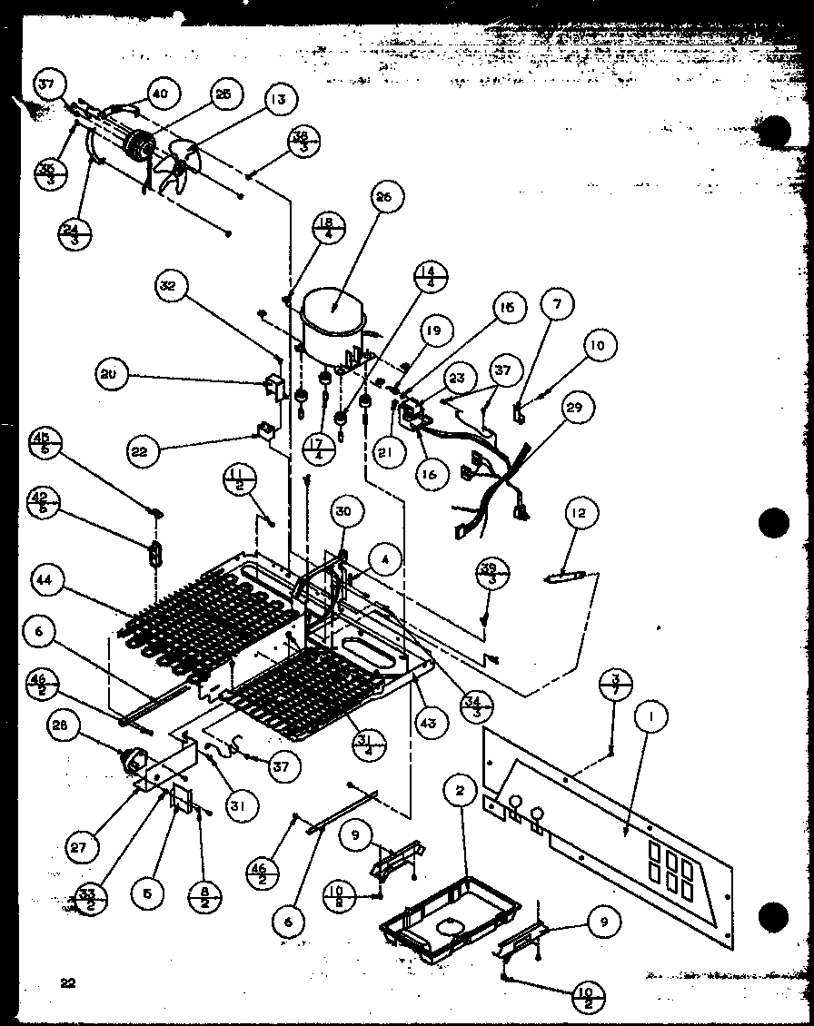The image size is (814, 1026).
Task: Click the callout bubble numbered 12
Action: coord(580,514)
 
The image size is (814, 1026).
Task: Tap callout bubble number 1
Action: coord(651,717)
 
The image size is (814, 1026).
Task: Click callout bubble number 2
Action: coord(460,791)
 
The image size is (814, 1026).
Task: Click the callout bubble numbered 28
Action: coord(65,727)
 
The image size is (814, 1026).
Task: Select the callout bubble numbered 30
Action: coord(342,512)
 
